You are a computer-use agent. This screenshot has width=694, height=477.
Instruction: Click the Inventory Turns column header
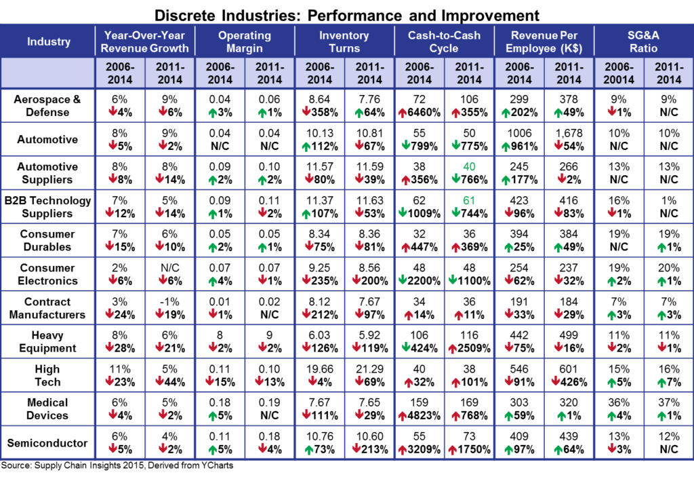(x=344, y=41)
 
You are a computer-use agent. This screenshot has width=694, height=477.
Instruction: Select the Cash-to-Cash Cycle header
(x=444, y=41)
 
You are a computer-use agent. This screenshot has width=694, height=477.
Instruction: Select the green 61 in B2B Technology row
(x=468, y=200)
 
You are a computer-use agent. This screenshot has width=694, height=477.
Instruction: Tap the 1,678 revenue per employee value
(x=569, y=133)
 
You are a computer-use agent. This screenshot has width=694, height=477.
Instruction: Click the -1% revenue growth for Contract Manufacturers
(x=169, y=301)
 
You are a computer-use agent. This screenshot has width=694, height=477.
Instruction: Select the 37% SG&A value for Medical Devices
(x=668, y=402)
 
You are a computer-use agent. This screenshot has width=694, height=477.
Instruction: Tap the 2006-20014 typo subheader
(x=618, y=73)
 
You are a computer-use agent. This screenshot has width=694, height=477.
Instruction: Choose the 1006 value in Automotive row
(x=520, y=133)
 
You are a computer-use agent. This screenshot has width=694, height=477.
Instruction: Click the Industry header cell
(x=48, y=41)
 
